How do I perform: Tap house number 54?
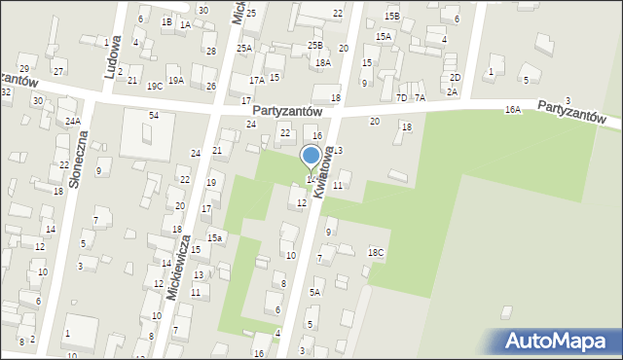pos(153,116)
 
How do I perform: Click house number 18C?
pos(376,253)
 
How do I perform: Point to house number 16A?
pos(513,111)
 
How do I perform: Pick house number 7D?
pos(401,97)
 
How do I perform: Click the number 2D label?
pos(455,77)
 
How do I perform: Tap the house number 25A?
pos(243,48)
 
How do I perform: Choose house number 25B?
pos(314,45)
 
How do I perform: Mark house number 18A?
pos(323,62)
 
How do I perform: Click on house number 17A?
pos(256,81)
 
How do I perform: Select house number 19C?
pos(154,86)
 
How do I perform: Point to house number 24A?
pos(73,121)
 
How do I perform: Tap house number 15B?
pos(391,16)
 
